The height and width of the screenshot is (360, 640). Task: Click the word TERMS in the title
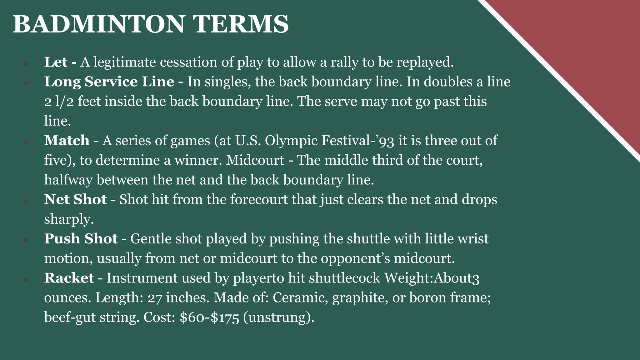coord(240,24)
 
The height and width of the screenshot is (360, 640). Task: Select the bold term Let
coord(56,62)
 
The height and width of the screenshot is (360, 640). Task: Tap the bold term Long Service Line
coord(109,82)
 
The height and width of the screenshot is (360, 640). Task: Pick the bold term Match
coord(67,141)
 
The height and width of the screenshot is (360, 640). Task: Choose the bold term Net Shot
coord(75,199)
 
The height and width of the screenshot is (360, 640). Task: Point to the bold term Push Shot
coord(81,239)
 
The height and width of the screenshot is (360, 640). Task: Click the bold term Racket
coord(69,278)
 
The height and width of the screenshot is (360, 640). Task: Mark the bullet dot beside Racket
coord(26,279)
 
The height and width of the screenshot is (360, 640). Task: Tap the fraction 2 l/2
coord(59,102)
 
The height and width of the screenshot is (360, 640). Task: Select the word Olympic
coord(291,141)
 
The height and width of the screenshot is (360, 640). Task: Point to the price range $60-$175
coord(209,317)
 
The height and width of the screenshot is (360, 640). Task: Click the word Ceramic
coord(300,298)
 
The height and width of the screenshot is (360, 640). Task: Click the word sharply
coord(69,219)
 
